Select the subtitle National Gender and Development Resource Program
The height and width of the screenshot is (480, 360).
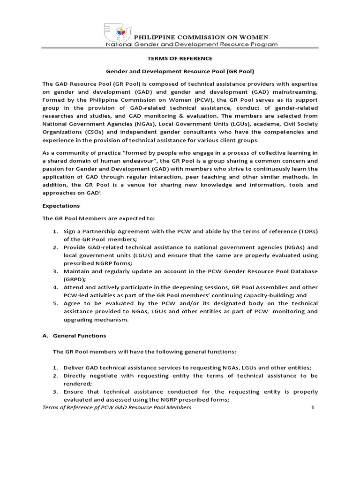(191, 45)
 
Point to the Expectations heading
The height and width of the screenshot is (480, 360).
(61, 206)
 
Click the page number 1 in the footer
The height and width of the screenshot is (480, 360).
(312, 408)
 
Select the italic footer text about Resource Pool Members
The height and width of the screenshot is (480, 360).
(117, 408)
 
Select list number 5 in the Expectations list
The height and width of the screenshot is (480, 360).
(54, 303)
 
